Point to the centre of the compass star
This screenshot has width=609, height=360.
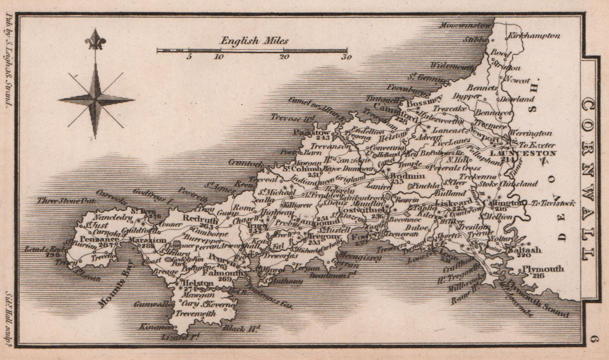[x=95, y=100]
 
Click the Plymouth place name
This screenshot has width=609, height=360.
[x=543, y=269]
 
